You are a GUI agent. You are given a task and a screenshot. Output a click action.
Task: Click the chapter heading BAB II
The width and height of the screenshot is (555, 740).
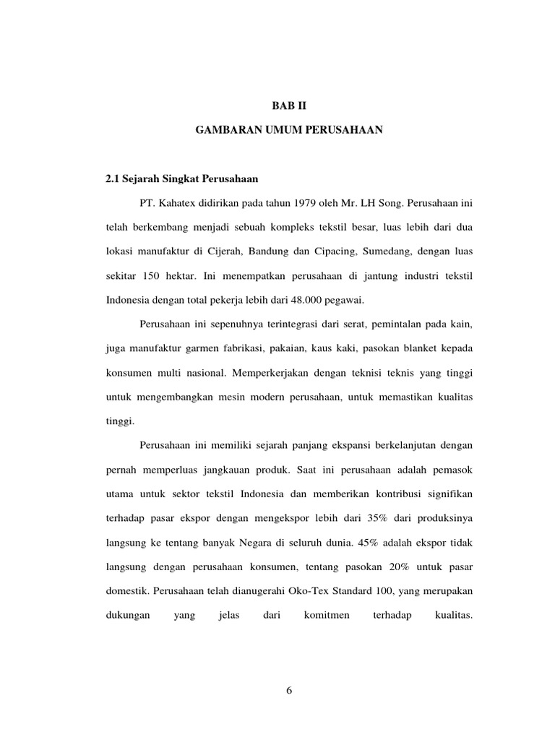(288, 105)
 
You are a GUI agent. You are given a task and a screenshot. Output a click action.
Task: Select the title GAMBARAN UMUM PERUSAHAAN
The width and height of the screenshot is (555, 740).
(289, 131)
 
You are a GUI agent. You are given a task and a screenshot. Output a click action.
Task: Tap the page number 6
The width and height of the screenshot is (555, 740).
(288, 690)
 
